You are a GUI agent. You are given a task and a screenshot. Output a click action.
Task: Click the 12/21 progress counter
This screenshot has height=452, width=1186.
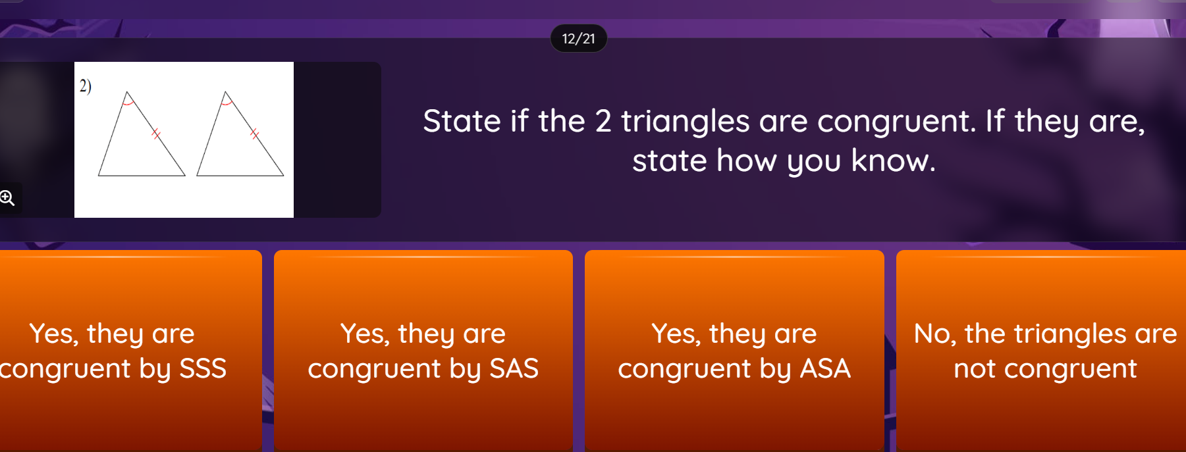(578, 39)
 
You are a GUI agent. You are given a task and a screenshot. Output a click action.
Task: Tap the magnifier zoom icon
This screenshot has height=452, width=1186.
(7, 197)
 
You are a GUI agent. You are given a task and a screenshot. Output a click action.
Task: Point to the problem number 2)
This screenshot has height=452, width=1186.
(86, 86)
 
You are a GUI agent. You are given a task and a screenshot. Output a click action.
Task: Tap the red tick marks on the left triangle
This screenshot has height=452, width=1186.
(156, 134)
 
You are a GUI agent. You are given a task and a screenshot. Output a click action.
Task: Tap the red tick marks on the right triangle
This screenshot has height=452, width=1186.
(254, 134)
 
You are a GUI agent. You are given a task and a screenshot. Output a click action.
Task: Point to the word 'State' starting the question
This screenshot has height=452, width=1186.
(462, 121)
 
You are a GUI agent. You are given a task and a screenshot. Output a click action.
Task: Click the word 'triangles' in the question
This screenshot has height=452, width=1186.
(685, 122)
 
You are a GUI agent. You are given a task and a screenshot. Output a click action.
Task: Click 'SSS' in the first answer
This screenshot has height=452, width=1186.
(203, 368)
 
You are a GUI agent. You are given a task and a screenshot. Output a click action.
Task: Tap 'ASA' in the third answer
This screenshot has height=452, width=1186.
(825, 368)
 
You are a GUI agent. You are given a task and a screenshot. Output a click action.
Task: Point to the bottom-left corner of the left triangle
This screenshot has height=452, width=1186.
(98, 176)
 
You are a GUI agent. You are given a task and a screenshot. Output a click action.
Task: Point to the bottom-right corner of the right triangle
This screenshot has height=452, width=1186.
(284, 176)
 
